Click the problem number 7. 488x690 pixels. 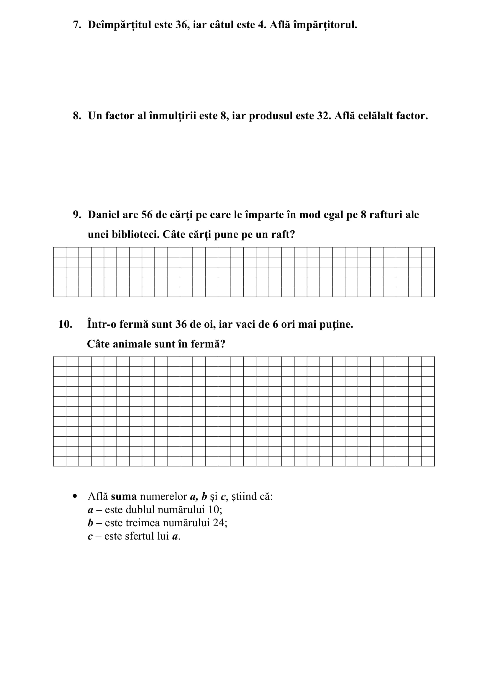point(77,25)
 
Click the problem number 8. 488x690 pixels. point(77,116)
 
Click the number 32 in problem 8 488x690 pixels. point(324,116)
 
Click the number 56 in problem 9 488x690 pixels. point(147,214)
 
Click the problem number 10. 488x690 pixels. point(65,324)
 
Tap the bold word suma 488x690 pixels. point(124,496)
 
